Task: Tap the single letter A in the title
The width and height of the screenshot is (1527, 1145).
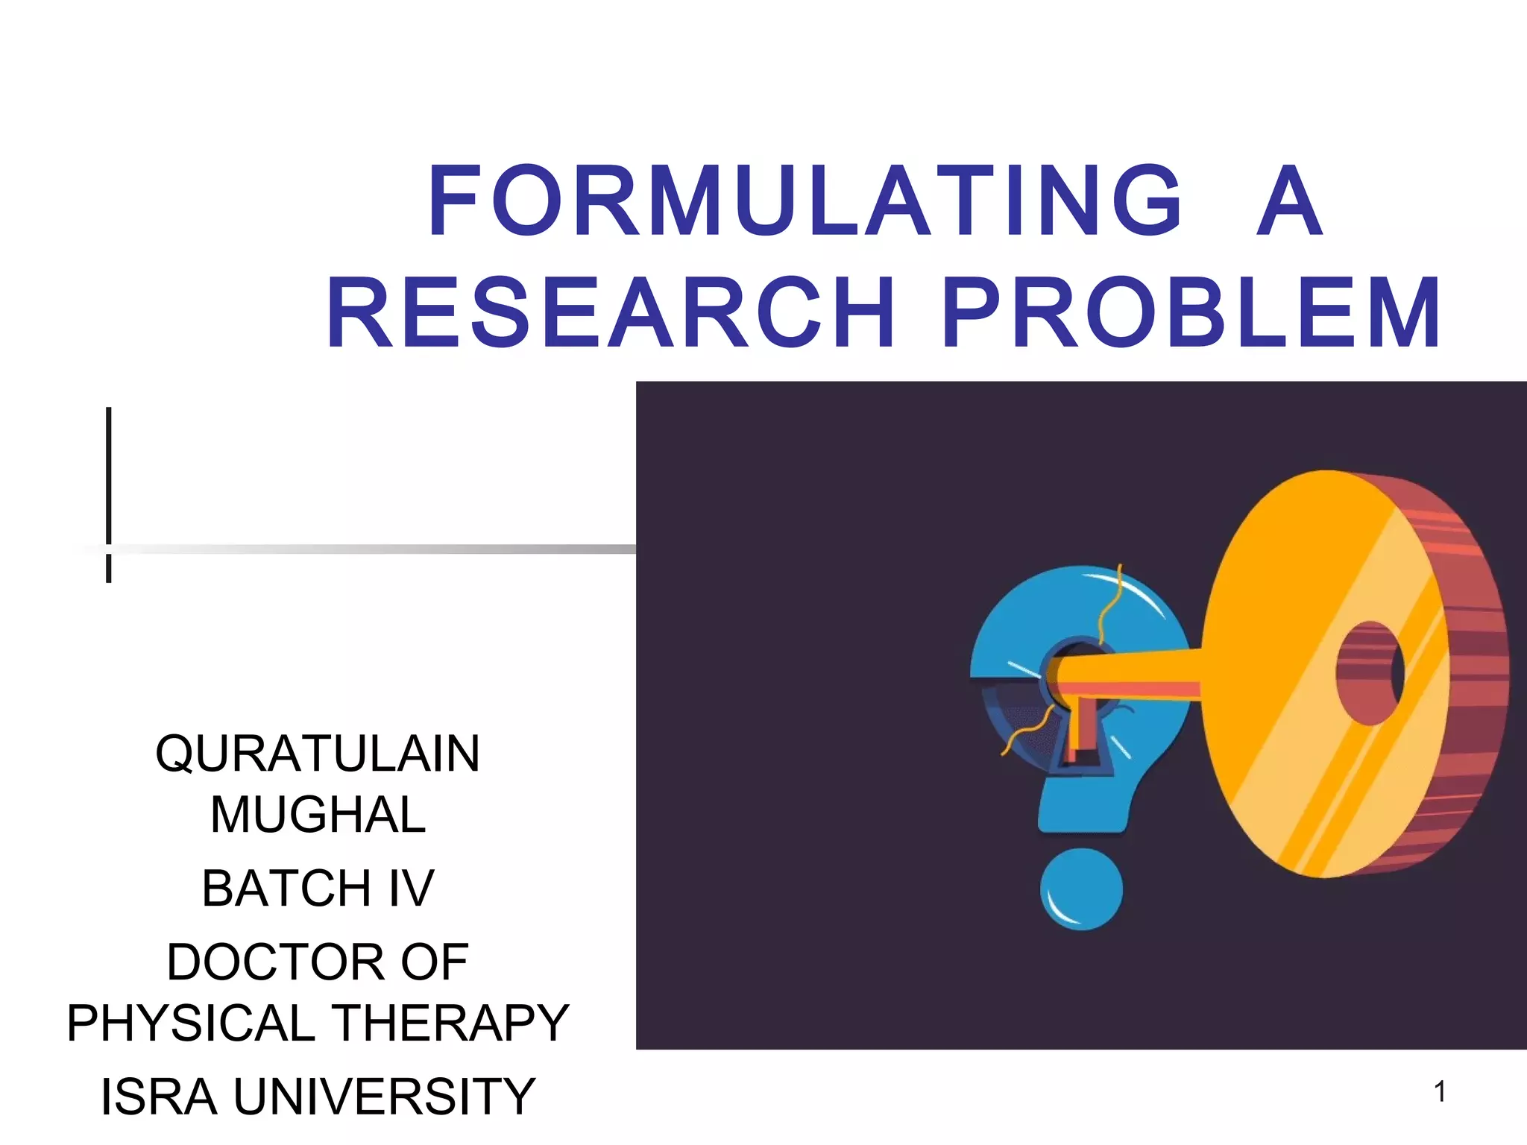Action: [1289, 201]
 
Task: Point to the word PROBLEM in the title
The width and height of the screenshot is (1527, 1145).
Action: [1191, 313]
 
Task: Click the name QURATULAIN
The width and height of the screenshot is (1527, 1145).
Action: [318, 754]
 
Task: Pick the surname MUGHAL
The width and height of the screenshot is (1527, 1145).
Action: [318, 815]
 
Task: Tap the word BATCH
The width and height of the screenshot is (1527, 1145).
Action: [286, 889]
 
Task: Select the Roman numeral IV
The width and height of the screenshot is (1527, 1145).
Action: [411, 889]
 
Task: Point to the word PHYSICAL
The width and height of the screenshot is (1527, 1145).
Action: [191, 1023]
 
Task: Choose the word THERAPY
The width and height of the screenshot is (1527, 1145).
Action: [450, 1023]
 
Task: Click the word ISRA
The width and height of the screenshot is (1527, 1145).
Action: [159, 1097]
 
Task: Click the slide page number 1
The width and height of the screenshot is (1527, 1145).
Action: [1440, 1093]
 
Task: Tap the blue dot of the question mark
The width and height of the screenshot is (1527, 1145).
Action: [1081, 889]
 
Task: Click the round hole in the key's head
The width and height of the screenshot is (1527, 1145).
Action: [1370, 673]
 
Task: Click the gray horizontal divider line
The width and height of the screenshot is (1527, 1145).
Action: [373, 549]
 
